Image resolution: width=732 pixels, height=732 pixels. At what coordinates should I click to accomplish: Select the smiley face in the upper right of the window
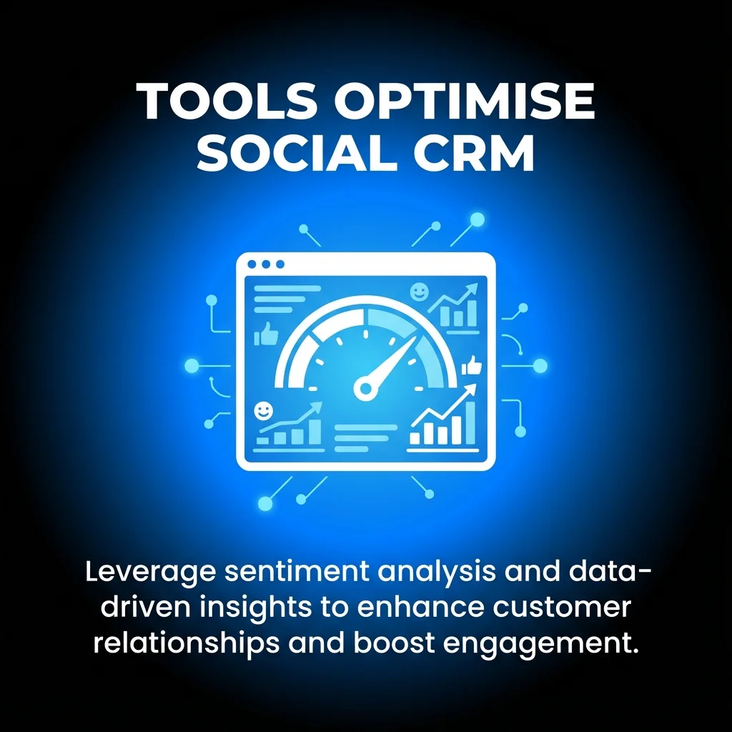click(418, 292)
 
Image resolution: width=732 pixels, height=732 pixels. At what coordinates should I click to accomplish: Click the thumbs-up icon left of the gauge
click(266, 333)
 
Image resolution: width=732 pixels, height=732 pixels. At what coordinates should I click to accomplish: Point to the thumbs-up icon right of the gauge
click(473, 367)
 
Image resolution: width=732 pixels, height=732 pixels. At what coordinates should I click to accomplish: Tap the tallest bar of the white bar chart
click(470, 422)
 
